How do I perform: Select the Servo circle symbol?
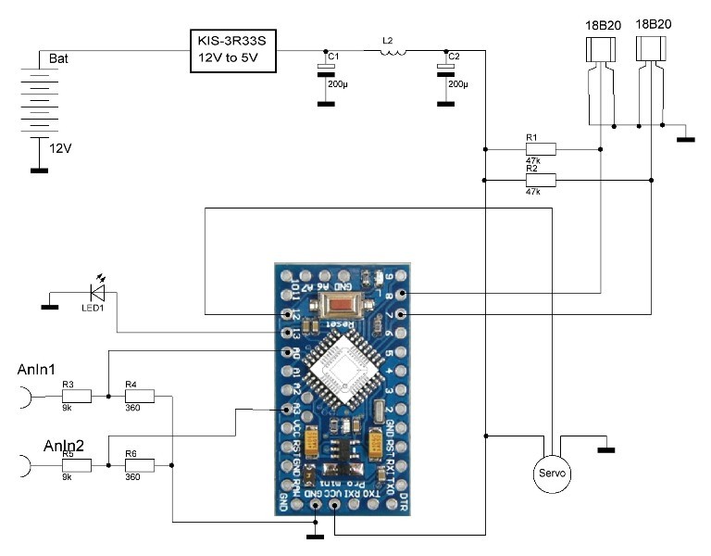[552, 473]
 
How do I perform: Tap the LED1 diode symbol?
[97, 294]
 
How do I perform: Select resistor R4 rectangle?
[139, 397]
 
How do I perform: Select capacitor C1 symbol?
[326, 68]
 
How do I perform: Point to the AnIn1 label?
[38, 370]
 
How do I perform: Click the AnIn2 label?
[64, 446]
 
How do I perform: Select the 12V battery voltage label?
[60, 148]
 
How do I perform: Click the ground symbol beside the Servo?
[606, 449]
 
